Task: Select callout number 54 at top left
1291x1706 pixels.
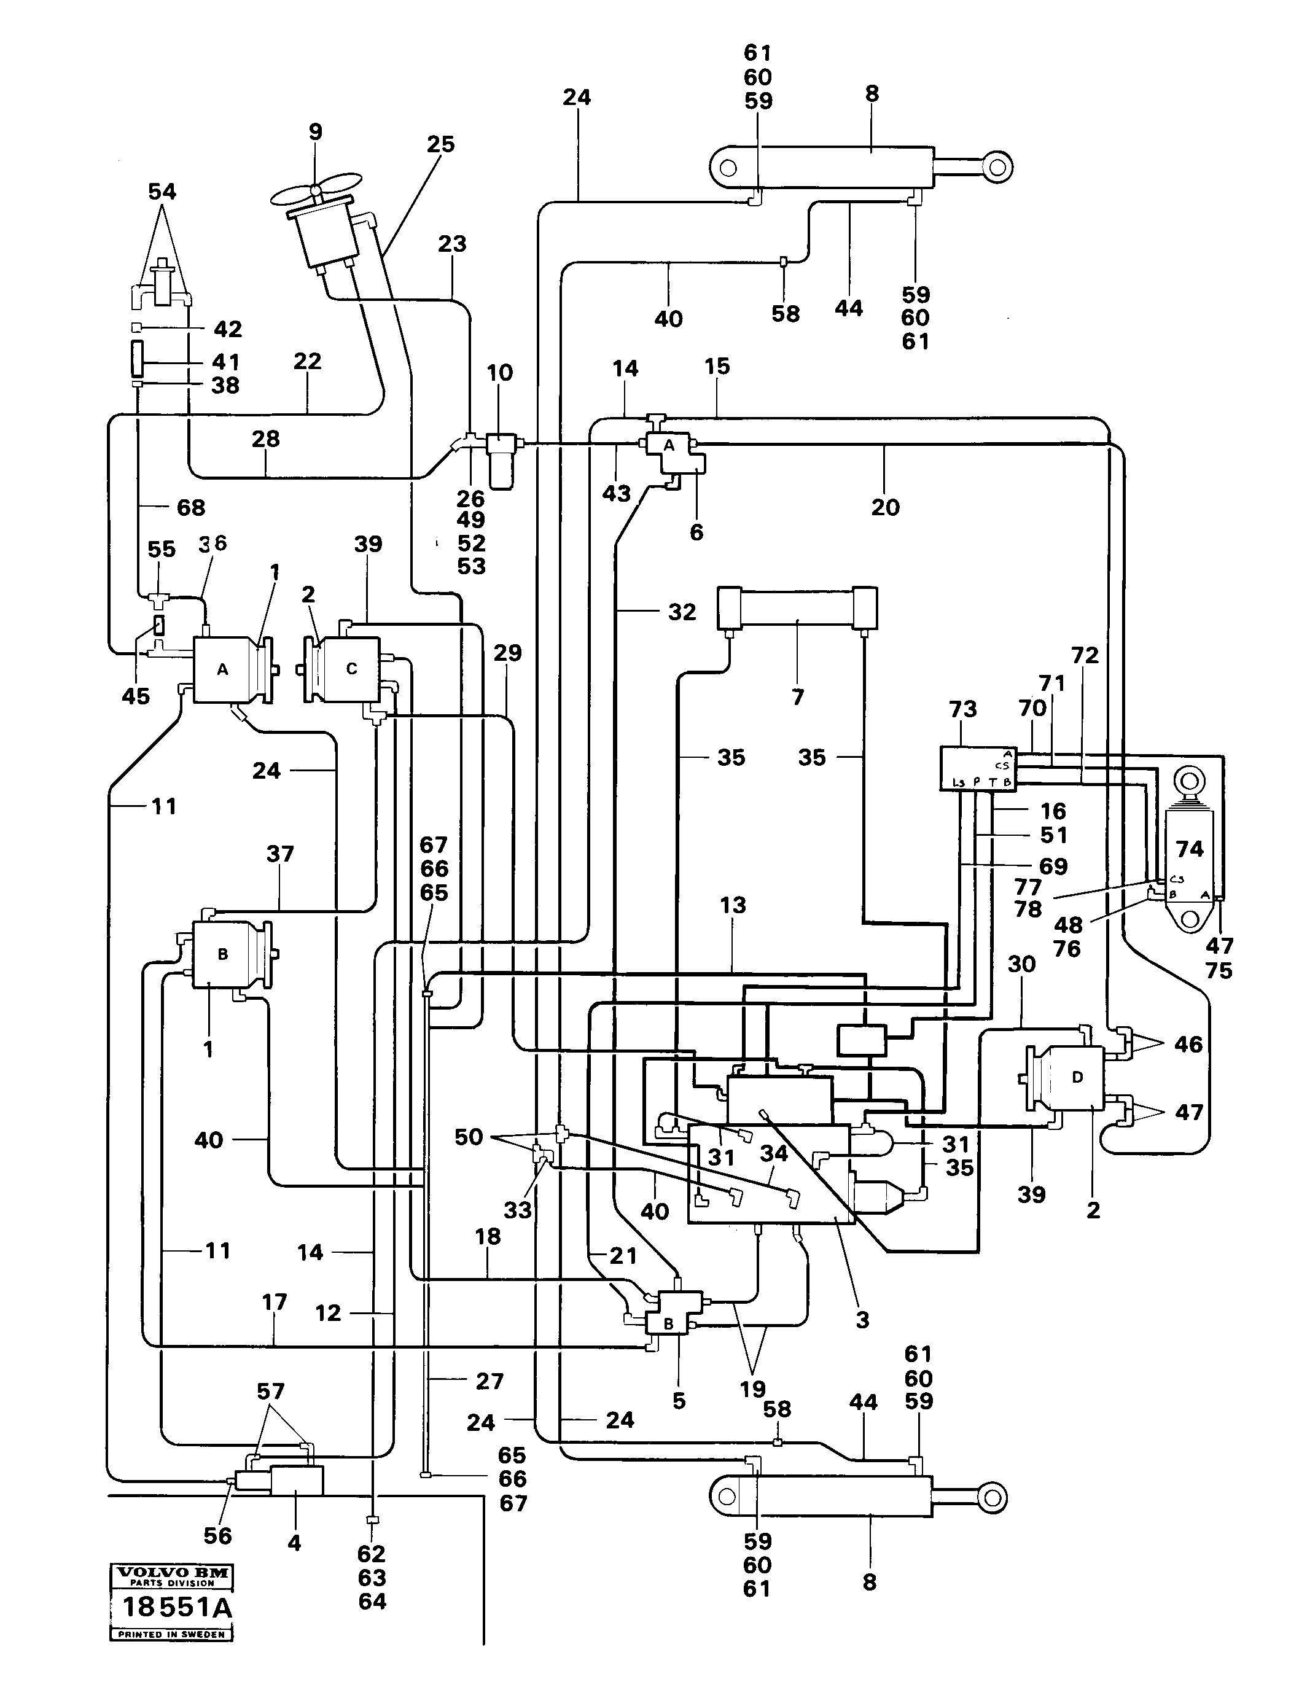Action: coord(162,191)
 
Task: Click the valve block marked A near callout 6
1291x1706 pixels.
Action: coord(669,446)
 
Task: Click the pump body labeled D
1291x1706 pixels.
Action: coord(1077,1077)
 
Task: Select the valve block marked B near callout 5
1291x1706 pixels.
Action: coord(669,1323)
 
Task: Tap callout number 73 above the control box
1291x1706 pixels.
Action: coord(962,709)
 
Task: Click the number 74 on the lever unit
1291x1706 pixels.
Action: coord(1189,849)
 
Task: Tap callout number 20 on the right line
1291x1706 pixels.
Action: coord(886,507)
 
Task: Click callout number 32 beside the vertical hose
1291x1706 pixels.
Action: coord(682,612)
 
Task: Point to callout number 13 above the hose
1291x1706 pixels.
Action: coord(733,905)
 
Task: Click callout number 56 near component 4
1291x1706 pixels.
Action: coord(217,1535)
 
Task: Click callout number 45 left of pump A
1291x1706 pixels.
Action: coord(136,696)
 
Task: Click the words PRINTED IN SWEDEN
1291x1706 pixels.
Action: coord(171,1634)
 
